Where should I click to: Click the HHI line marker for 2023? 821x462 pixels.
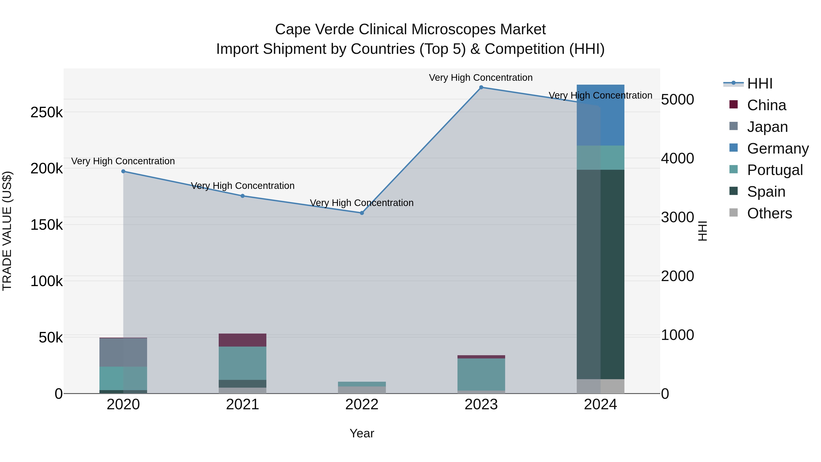pyautogui.click(x=481, y=87)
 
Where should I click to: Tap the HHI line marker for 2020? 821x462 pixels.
pyautogui.click(x=123, y=171)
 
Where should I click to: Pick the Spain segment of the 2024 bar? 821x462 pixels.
pyautogui.click(x=600, y=274)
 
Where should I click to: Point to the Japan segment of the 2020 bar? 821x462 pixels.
pyautogui.click(x=123, y=352)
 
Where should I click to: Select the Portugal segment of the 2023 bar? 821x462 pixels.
pyautogui.click(x=481, y=374)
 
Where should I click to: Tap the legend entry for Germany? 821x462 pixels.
pyautogui.click(x=778, y=149)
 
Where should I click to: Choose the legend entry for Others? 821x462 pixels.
pyautogui.click(x=769, y=213)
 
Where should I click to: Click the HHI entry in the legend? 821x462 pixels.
pyautogui.click(x=759, y=84)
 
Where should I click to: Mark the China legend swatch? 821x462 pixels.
pyautogui.click(x=733, y=104)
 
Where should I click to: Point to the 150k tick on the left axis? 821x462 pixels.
pyautogui.click(x=47, y=225)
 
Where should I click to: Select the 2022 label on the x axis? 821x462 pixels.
pyautogui.click(x=362, y=405)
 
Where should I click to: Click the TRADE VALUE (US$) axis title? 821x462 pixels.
pyautogui.click(x=7, y=231)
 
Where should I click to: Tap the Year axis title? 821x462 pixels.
pyautogui.click(x=362, y=433)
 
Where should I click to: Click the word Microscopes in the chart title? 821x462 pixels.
pyautogui.click(x=454, y=29)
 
